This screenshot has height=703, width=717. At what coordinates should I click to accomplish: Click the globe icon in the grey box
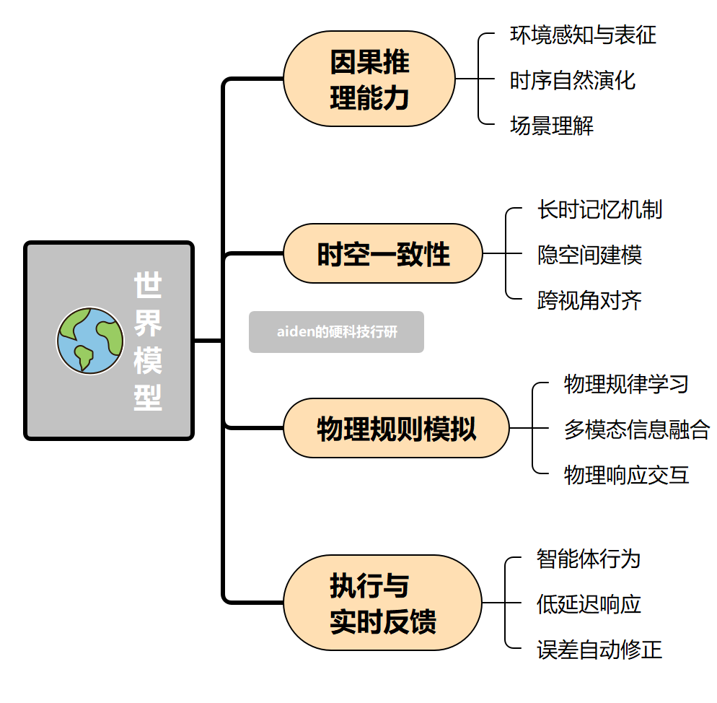(x=90, y=341)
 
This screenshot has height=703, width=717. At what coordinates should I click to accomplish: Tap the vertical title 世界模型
(x=148, y=341)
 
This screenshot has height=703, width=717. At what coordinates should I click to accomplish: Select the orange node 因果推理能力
(x=369, y=79)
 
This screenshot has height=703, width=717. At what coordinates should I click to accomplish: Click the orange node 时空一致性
(x=382, y=254)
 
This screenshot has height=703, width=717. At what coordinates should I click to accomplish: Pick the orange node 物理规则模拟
(x=396, y=429)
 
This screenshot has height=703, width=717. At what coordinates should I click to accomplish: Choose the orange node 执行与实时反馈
(x=382, y=603)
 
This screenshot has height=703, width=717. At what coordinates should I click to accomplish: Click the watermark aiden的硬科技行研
(x=336, y=332)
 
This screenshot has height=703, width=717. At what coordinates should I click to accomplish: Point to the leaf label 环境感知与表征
(x=583, y=35)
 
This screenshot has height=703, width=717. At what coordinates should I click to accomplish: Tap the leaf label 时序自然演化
(x=573, y=79)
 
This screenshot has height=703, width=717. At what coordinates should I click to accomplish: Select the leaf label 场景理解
(x=552, y=125)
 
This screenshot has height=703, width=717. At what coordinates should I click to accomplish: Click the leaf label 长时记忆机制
(x=599, y=209)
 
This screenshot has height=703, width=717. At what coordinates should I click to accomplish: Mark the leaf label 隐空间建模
(x=589, y=254)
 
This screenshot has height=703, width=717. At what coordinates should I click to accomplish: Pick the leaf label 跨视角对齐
(x=589, y=300)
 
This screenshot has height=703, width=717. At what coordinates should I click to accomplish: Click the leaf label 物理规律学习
(x=626, y=383)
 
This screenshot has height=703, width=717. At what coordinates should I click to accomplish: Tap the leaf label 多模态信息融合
(x=637, y=429)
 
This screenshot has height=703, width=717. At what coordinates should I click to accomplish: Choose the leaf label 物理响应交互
(x=626, y=474)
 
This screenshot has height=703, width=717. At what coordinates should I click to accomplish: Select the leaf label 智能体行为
(x=589, y=558)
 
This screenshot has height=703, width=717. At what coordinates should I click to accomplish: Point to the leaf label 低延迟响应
(x=589, y=603)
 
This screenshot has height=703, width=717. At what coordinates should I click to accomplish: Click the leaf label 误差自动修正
(x=599, y=649)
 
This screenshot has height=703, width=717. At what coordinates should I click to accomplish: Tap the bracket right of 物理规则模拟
(x=533, y=429)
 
